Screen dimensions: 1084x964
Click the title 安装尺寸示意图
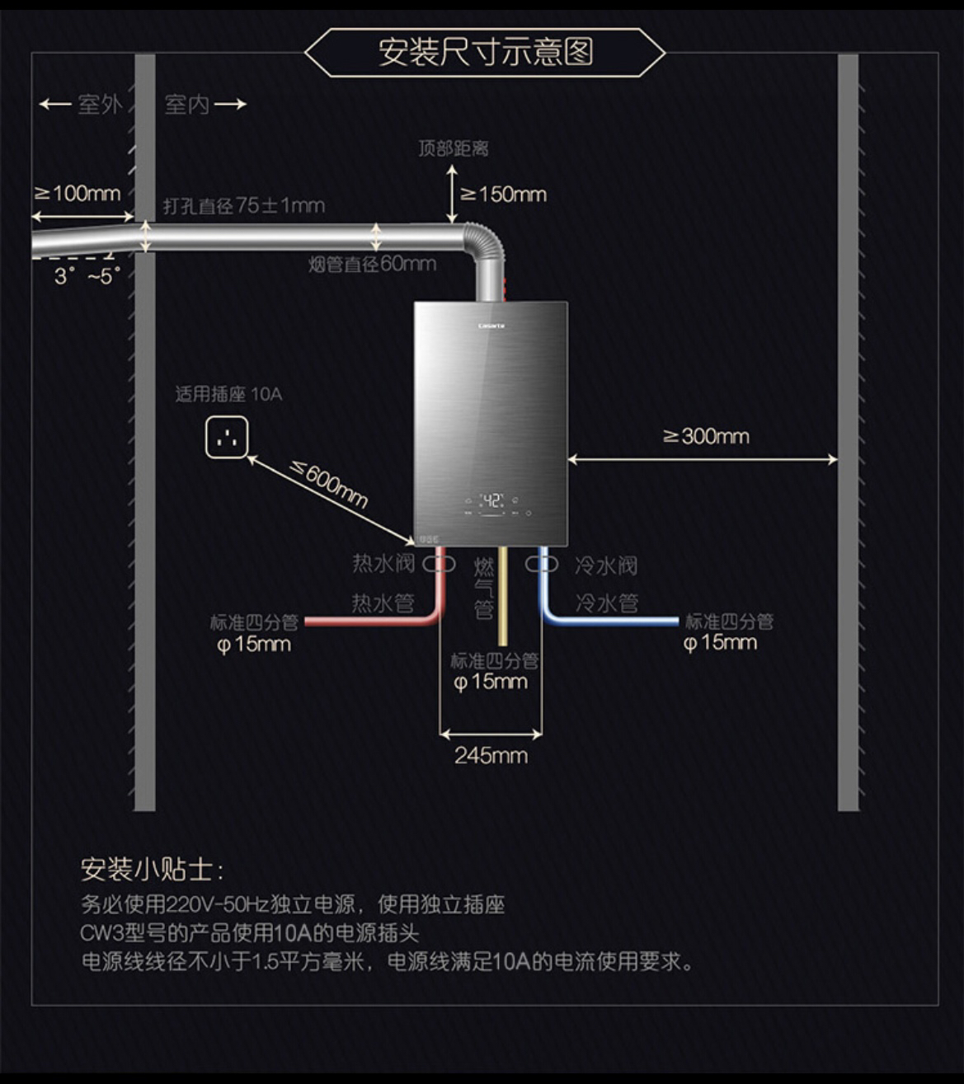point(485,52)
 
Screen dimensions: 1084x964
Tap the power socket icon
point(227,437)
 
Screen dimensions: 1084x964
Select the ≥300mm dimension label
point(707,436)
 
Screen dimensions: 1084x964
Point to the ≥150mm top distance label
point(503,195)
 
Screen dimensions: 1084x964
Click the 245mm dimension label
point(491,755)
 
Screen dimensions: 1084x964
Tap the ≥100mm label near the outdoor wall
point(78,194)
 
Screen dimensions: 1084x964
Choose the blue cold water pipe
point(610,620)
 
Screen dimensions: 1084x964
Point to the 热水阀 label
point(383,564)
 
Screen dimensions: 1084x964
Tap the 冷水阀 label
point(606,565)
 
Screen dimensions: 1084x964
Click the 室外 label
point(100,105)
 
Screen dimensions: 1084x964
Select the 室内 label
point(186,105)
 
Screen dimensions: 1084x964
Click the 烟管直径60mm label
point(372,265)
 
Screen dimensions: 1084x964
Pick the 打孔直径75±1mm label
point(244,205)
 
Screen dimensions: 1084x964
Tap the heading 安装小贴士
point(152,869)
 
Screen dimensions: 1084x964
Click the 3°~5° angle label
point(87,276)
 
